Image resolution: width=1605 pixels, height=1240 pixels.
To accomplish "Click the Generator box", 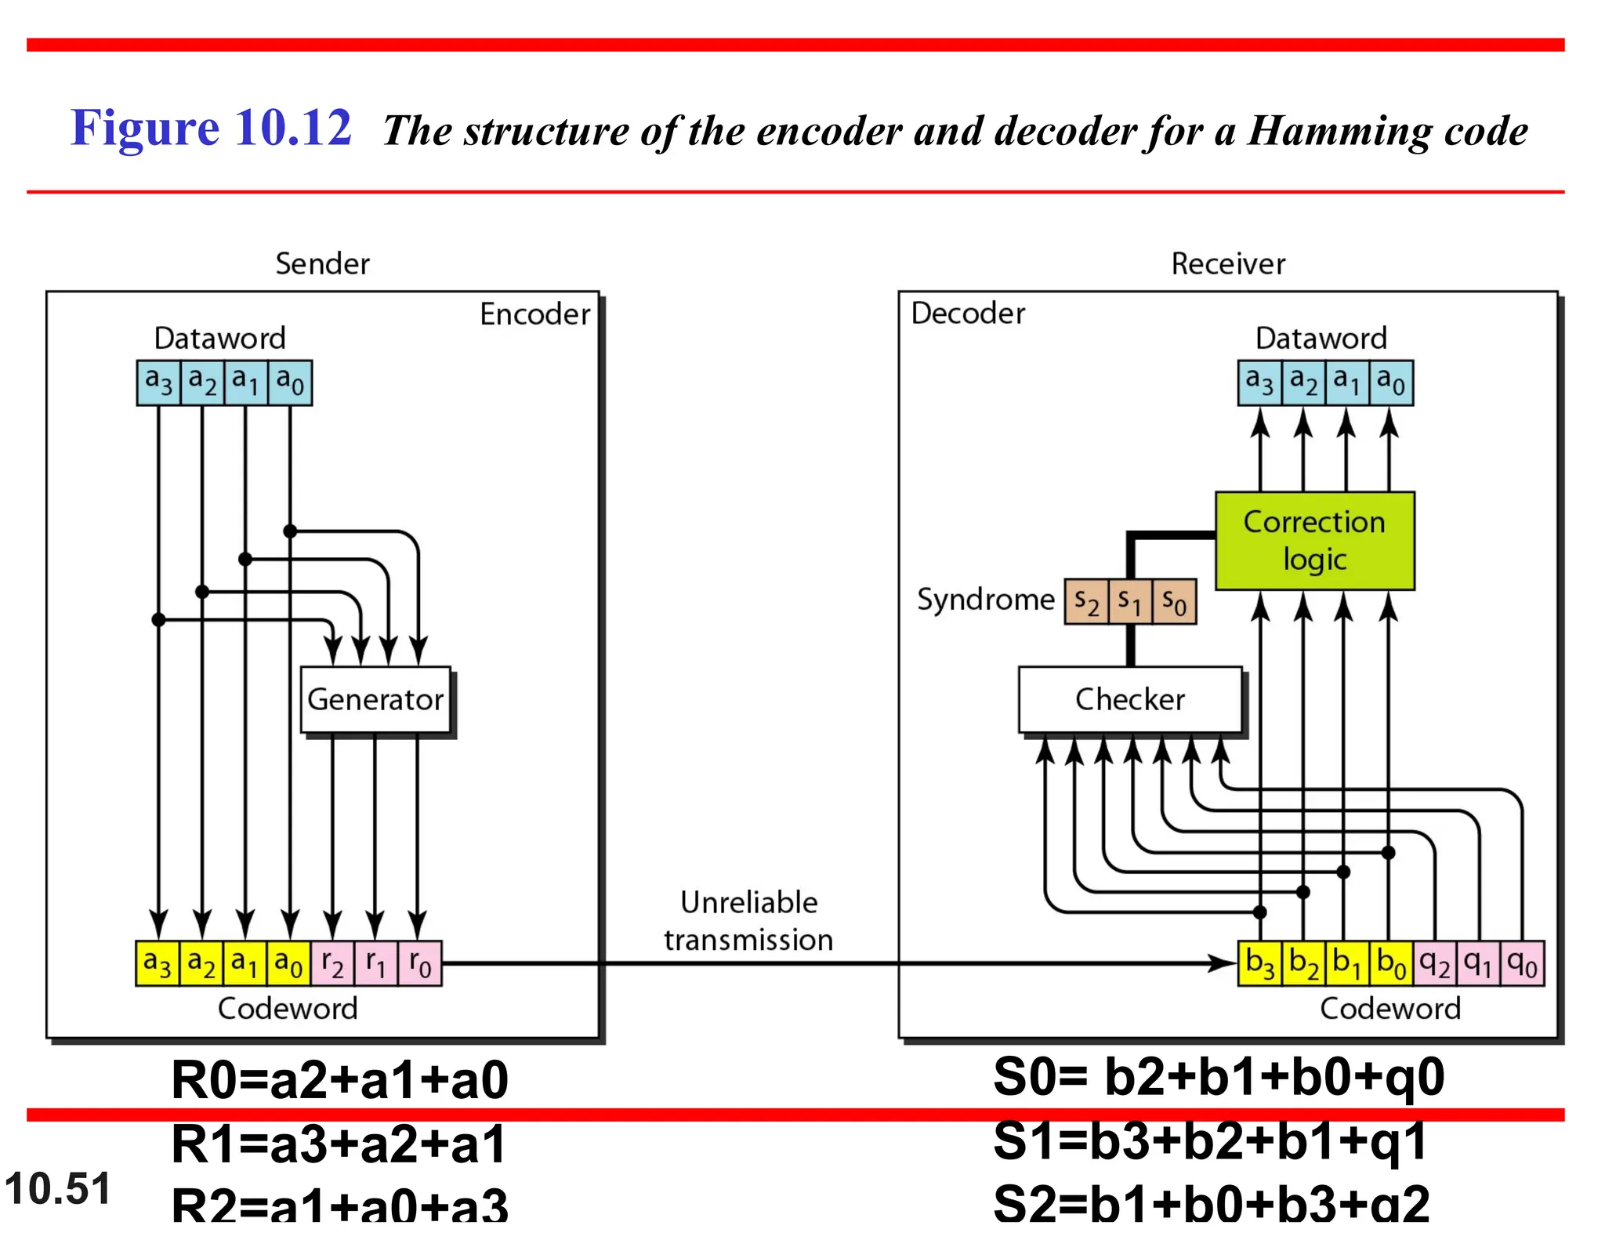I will point(375,700).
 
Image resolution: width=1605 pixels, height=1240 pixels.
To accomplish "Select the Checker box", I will point(1129,700).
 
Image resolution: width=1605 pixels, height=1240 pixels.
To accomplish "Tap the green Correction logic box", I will point(1314,541).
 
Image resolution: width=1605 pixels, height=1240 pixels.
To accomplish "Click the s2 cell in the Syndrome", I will point(1086,602).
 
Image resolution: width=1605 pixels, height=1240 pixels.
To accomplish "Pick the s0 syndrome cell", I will point(1174,602).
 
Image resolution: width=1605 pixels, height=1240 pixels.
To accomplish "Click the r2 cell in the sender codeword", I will point(332,963).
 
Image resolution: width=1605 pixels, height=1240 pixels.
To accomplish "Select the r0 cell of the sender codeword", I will point(420,963).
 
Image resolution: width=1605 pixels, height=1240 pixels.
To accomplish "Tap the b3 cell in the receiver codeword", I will point(1259,963).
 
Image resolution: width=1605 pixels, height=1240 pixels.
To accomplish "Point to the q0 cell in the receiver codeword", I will point(1522,963).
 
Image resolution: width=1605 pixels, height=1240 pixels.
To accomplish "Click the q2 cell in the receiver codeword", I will point(1434,963).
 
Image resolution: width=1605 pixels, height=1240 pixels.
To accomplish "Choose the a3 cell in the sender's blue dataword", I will point(158,383).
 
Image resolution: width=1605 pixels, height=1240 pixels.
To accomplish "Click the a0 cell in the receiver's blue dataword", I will point(1391,383).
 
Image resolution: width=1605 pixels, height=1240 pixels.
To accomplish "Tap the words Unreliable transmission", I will point(748,921).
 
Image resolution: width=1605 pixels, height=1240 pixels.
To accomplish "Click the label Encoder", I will point(534,314).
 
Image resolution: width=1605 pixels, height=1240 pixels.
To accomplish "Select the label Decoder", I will point(968,314).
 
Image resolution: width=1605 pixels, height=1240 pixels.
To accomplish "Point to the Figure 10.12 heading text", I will point(211,128).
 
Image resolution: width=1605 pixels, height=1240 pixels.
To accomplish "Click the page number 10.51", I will point(58,1188).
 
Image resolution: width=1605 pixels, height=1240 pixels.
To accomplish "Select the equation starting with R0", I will point(339,1080).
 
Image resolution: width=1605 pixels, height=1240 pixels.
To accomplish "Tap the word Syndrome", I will point(985,600).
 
